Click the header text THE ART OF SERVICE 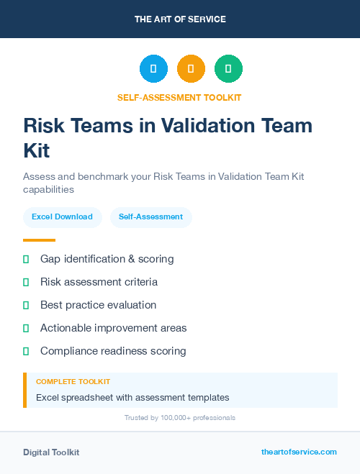click(x=180, y=19)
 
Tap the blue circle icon click(x=153, y=69)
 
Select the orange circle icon click(x=191, y=69)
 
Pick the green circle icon click(x=228, y=69)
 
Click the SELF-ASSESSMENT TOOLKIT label click(x=180, y=98)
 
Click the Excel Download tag click(x=62, y=217)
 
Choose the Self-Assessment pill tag click(x=150, y=217)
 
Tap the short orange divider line click(x=39, y=240)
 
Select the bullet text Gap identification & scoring click(x=107, y=258)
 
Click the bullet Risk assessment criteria click(x=99, y=281)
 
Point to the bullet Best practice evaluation click(x=98, y=304)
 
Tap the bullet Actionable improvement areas click(x=113, y=328)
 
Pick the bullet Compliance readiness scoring click(x=113, y=351)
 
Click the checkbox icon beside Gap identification click(x=26, y=258)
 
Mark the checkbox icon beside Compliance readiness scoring click(x=26, y=351)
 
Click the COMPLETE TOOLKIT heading click(x=73, y=382)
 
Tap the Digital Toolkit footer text click(x=51, y=452)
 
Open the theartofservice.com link click(x=299, y=452)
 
